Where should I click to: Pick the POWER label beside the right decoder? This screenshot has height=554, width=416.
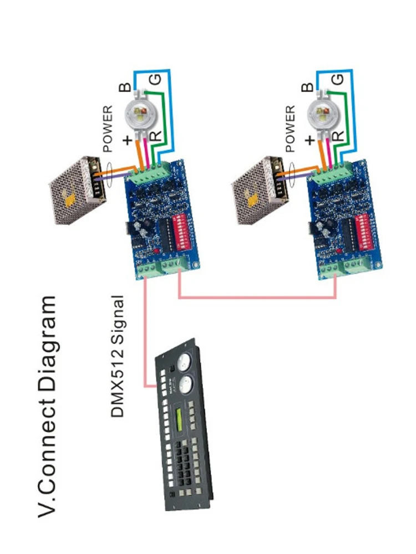(x=291, y=129)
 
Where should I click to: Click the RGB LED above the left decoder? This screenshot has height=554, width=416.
(x=141, y=114)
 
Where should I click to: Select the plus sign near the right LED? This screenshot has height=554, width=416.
(x=311, y=140)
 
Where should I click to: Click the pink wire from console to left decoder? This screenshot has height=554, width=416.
(x=145, y=332)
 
